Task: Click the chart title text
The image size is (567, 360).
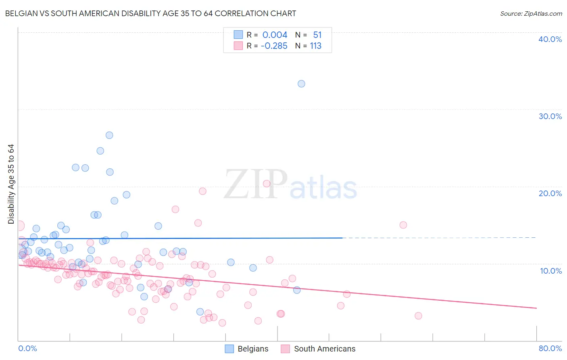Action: [150, 13]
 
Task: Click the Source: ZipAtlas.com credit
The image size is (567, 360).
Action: [531, 13]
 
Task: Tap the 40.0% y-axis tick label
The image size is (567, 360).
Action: [550, 39]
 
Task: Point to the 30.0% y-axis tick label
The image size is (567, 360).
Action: [550, 116]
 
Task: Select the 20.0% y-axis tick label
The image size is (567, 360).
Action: [550, 193]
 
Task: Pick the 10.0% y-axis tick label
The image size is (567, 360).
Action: [550, 271]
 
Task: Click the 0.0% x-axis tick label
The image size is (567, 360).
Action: [27, 348]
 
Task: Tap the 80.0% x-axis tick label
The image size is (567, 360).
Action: [550, 348]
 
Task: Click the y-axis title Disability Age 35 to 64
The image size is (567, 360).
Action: [11, 184]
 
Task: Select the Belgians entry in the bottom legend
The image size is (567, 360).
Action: [246, 349]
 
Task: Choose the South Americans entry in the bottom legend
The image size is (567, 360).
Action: [318, 349]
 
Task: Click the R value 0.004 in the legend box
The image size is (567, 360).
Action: [275, 35]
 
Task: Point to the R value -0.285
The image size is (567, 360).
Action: [274, 46]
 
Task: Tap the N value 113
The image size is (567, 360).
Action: [315, 46]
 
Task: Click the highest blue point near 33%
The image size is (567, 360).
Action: [301, 84]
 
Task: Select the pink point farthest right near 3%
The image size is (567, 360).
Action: [418, 316]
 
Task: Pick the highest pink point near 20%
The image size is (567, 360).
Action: [267, 184]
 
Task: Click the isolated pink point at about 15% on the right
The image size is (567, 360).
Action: [403, 225]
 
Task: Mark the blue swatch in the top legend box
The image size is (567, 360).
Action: [238, 35]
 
